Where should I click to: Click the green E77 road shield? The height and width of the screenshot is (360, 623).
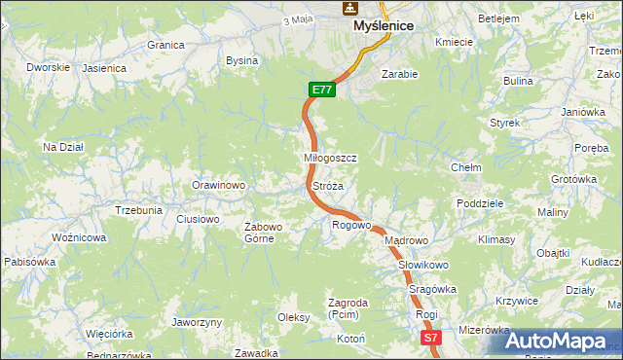click(x=323, y=90)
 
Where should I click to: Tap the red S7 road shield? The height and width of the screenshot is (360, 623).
click(x=432, y=338)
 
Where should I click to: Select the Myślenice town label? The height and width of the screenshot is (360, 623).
click(x=384, y=25)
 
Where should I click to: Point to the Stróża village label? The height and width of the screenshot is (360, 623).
click(x=327, y=185)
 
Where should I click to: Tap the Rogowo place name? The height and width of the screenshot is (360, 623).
click(x=352, y=225)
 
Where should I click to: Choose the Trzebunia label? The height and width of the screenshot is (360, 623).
click(x=138, y=210)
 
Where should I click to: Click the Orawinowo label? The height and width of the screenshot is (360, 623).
click(x=218, y=185)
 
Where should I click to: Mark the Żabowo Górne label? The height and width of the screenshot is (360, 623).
click(x=263, y=233)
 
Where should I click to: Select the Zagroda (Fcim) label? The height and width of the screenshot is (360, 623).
click(x=348, y=308)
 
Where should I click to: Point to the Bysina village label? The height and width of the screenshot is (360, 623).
click(x=241, y=60)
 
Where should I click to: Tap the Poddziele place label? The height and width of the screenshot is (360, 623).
click(x=479, y=203)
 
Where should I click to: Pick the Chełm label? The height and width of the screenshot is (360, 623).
click(x=466, y=167)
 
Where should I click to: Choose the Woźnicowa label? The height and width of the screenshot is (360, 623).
click(x=79, y=237)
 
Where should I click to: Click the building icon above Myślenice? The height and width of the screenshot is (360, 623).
click(x=348, y=8)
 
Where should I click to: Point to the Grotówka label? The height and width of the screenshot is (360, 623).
click(x=573, y=179)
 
